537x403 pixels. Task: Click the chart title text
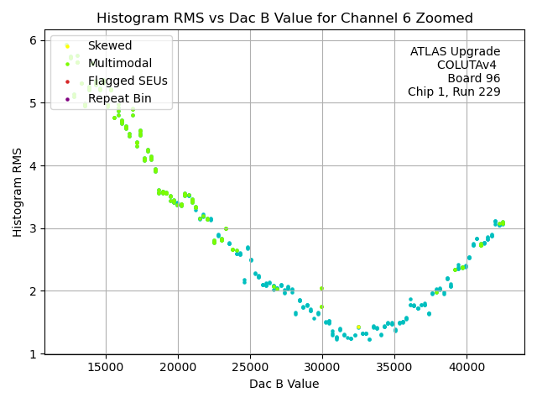click(284, 18)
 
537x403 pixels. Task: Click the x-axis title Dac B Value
click(284, 384)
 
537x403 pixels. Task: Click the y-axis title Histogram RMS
click(18, 191)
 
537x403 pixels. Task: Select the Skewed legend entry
click(110, 46)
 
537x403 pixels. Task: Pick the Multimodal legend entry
click(120, 64)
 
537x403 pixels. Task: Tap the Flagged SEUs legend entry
click(128, 81)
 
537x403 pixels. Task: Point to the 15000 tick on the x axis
click(106, 366)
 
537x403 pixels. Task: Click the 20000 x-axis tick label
click(178, 366)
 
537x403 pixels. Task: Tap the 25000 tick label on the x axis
click(250, 366)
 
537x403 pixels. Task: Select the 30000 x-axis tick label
click(322, 366)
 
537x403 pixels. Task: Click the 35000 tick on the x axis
click(394, 366)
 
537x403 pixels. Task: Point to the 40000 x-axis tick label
click(467, 366)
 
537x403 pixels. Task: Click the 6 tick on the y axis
click(32, 40)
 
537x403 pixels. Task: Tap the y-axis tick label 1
click(32, 354)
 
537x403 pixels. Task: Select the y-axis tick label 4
click(32, 166)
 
